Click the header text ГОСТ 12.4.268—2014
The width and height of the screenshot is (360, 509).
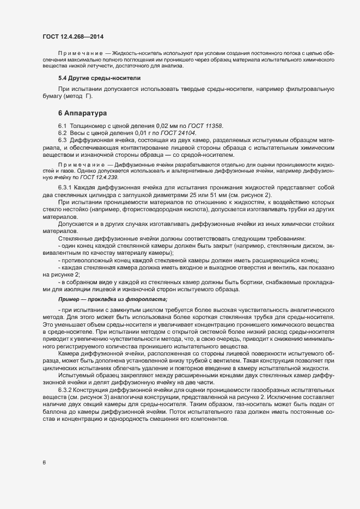(x=72, y=36)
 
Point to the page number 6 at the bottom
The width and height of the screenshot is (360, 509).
(x=44, y=463)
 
